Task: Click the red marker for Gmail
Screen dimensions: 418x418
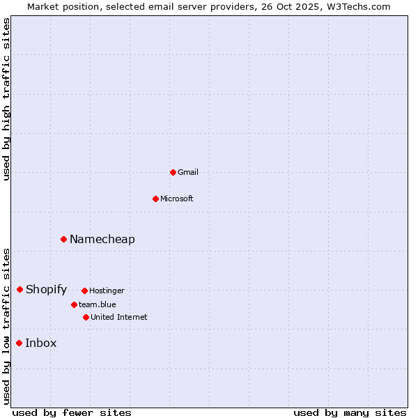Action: (x=173, y=172)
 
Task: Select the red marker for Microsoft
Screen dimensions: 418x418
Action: (x=155, y=199)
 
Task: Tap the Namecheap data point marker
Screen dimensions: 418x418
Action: (x=63, y=239)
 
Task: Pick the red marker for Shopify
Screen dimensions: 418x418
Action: (x=20, y=289)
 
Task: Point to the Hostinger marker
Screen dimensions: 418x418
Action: (x=84, y=291)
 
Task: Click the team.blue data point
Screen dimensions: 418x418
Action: (x=74, y=304)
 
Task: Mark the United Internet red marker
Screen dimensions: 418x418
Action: (x=86, y=317)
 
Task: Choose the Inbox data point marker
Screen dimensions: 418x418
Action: (x=19, y=343)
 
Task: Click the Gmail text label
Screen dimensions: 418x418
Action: (x=188, y=172)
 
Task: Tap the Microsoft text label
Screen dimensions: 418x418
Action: (x=177, y=199)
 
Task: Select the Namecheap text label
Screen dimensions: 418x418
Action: (x=102, y=239)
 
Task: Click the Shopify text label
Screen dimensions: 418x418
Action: (x=47, y=289)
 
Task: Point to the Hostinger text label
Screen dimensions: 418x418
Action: (x=107, y=291)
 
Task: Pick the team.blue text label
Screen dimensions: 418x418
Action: (x=98, y=304)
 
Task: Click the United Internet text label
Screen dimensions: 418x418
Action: (x=119, y=317)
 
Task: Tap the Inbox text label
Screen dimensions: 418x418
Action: (x=41, y=343)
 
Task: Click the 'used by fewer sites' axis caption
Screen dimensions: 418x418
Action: (x=72, y=412)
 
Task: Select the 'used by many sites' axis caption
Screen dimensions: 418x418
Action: (x=350, y=412)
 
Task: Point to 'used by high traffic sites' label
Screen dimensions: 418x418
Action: (x=7, y=99)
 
